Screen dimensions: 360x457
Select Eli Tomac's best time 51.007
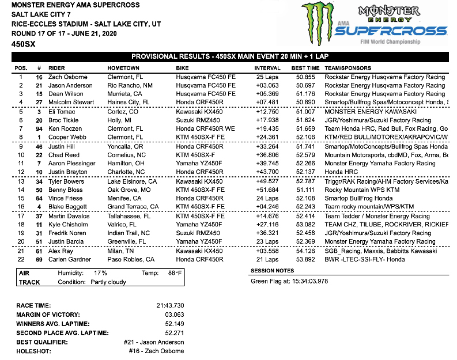305,112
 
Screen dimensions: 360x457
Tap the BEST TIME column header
305,67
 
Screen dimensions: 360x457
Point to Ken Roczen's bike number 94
39,129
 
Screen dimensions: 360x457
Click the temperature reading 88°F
175,273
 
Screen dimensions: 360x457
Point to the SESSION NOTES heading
273,271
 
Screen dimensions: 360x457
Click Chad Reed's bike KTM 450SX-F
195,155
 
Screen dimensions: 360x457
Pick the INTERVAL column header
267,67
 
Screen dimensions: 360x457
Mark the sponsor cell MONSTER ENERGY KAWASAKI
364,112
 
